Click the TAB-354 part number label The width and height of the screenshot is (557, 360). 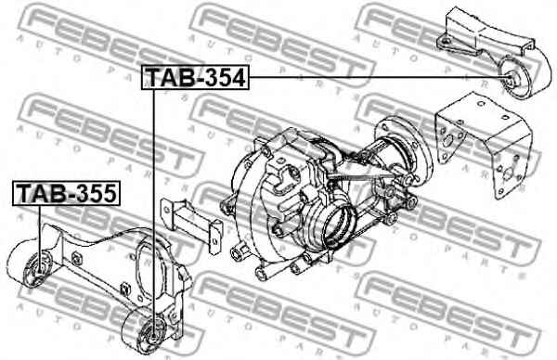(195, 78)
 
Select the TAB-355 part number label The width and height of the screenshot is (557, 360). (67, 194)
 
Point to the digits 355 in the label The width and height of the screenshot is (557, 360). (96, 194)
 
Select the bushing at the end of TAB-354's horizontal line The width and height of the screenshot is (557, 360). (512, 78)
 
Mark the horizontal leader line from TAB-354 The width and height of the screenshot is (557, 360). (379, 77)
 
